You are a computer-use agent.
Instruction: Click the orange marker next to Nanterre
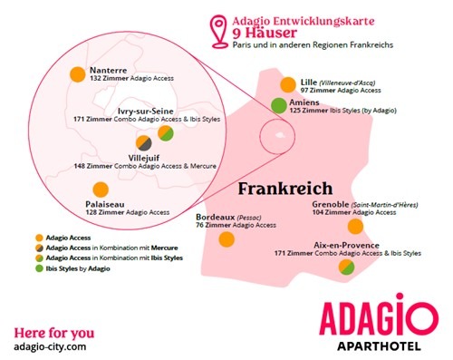[x=78, y=74]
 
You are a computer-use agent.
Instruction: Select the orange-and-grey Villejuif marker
[x=145, y=143]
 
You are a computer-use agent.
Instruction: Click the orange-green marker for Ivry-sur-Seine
[x=166, y=133]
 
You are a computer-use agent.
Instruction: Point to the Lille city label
[x=308, y=82]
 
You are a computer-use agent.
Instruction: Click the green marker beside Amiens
[x=282, y=107]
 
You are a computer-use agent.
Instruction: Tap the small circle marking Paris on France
[x=270, y=138]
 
